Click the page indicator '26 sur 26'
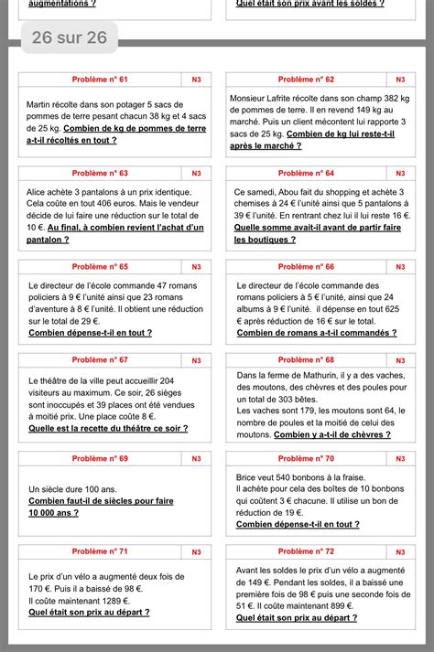coord(69,37)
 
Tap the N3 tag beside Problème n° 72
coord(400,551)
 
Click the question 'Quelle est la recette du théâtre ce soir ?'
coord(108,428)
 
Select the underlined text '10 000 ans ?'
coord(55,513)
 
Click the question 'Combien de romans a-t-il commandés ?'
coord(317,333)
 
